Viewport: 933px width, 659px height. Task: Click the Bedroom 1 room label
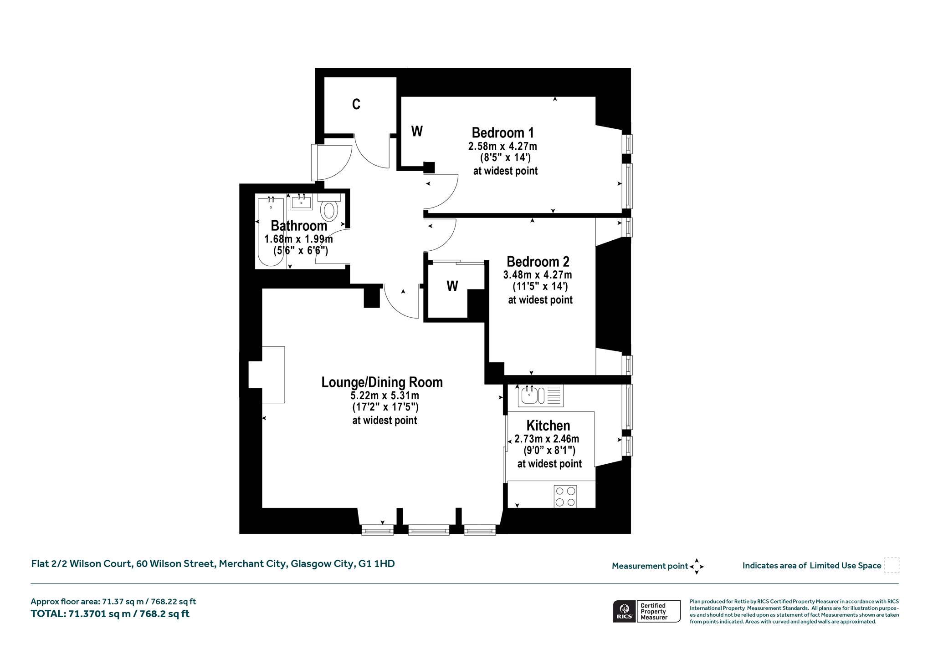pyautogui.click(x=502, y=133)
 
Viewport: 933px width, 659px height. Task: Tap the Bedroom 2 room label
pyautogui.click(x=538, y=262)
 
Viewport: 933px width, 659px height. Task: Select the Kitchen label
pyautogui.click(x=548, y=426)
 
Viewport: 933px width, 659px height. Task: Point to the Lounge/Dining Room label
pyautogui.click(x=382, y=382)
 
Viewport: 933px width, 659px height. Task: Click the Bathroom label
pyautogui.click(x=299, y=226)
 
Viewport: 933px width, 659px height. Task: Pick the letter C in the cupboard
pyautogui.click(x=356, y=105)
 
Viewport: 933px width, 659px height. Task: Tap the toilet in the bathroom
pyautogui.click(x=329, y=208)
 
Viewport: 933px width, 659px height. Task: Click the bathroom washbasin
pyautogui.click(x=301, y=202)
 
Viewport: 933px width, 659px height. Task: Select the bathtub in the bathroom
pyautogui.click(x=271, y=231)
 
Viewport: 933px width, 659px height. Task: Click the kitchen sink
pyautogui.click(x=540, y=395)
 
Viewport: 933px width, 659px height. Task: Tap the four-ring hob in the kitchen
pyautogui.click(x=565, y=496)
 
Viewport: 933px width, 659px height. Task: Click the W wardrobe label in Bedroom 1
pyautogui.click(x=417, y=131)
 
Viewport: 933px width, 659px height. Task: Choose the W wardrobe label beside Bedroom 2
pyautogui.click(x=452, y=286)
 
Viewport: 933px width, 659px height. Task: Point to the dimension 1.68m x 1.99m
pyautogui.click(x=299, y=239)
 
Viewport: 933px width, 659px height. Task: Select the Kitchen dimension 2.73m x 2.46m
pyautogui.click(x=547, y=439)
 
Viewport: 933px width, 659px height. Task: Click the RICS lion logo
pyautogui.click(x=624, y=611)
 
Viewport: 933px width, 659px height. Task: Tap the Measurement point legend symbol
pyautogui.click(x=697, y=567)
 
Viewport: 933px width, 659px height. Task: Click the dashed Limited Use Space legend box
pyautogui.click(x=892, y=565)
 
